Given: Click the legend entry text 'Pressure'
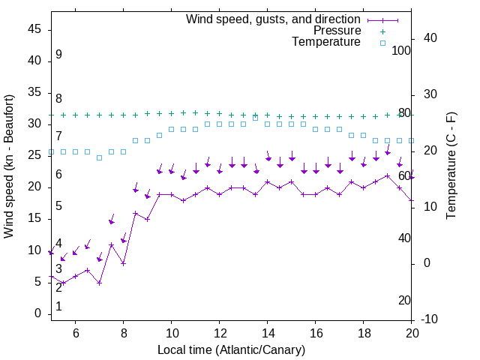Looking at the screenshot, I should click(x=337, y=31).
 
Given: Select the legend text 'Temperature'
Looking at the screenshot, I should click(x=326, y=42).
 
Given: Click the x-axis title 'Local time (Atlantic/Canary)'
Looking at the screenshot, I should click(x=231, y=349).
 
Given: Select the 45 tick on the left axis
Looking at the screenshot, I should click(x=34, y=29).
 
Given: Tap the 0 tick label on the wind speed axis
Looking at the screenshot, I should click(x=37, y=313).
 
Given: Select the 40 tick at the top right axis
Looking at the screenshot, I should click(x=430, y=38).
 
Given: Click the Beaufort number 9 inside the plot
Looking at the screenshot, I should click(x=58, y=55).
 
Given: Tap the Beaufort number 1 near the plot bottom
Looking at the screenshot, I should click(x=58, y=307).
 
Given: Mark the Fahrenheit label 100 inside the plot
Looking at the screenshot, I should click(x=401, y=50).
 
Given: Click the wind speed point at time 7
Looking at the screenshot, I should click(x=99, y=283).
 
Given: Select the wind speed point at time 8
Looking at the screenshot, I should click(x=123, y=263).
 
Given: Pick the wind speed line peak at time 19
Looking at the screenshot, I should click(x=387, y=175).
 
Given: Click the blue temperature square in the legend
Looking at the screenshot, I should click(x=382, y=43).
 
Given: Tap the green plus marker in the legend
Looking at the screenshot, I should click(x=382, y=31).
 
